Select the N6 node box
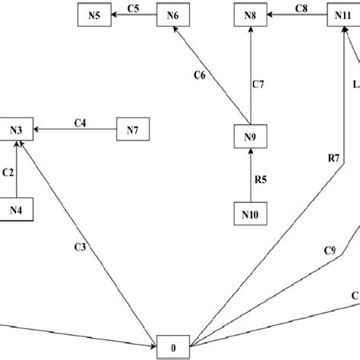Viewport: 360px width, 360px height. pyautogui.click(x=172, y=14)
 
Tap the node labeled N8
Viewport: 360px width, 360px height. pyautogui.click(x=251, y=14)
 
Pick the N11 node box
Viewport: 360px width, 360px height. pyautogui.click(x=341, y=14)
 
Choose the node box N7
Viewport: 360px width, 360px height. pyautogui.click(x=132, y=130)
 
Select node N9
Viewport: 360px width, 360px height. pyautogui.click(x=251, y=137)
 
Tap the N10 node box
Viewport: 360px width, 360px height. pyautogui.click(x=251, y=214)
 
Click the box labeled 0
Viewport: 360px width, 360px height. pyautogui.click(x=174, y=347)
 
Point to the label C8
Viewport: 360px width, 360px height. pyautogui.click(x=300, y=8)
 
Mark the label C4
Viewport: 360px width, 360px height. pyautogui.click(x=81, y=122)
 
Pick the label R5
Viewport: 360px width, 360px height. pyautogui.click(x=261, y=180)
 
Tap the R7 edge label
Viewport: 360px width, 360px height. pyautogui.click(x=333, y=158)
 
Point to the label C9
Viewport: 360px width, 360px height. pyautogui.click(x=330, y=250)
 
